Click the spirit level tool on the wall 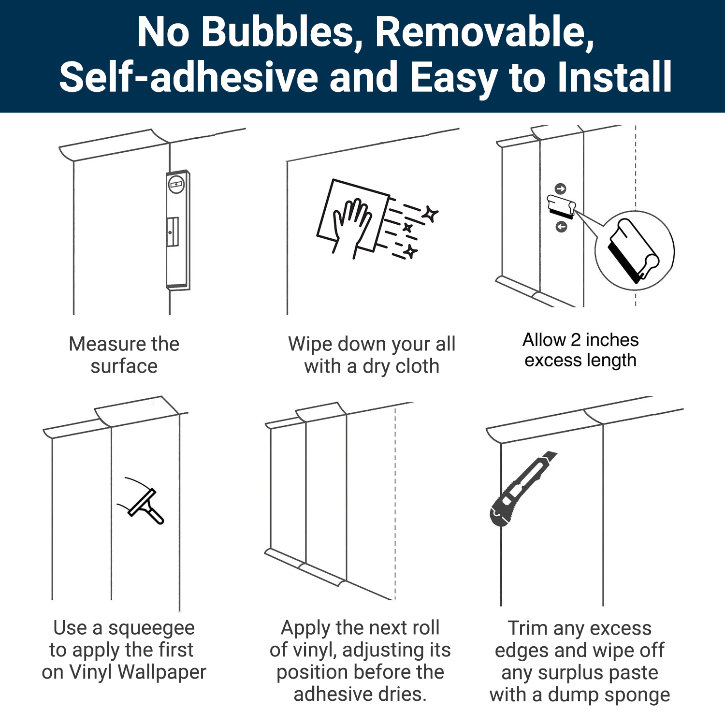click(178, 230)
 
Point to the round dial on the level click(176, 184)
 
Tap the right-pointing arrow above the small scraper click(560, 188)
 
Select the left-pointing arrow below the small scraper click(561, 226)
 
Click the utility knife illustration click(522, 489)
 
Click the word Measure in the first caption click(107, 344)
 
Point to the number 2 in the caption click(575, 340)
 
